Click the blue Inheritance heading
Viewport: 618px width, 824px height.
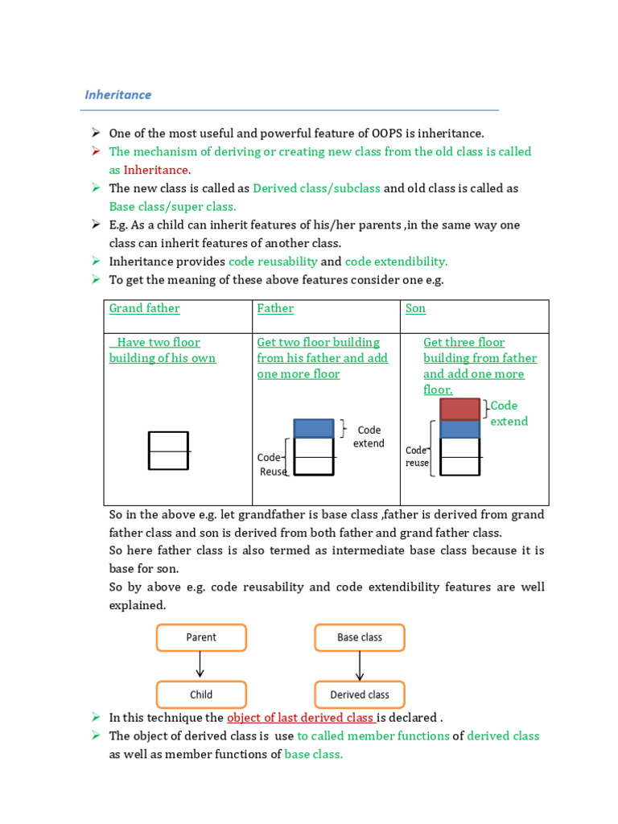(x=117, y=95)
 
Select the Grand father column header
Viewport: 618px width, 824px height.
(x=145, y=308)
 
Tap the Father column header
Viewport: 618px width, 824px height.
(x=275, y=308)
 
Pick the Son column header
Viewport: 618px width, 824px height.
(x=415, y=308)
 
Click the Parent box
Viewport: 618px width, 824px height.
(x=201, y=637)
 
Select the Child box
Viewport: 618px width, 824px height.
(x=201, y=694)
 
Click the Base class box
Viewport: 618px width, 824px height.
(x=360, y=637)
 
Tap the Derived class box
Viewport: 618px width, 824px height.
(x=360, y=694)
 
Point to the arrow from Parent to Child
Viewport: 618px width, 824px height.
(x=200, y=664)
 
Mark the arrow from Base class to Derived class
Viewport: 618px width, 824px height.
(x=360, y=665)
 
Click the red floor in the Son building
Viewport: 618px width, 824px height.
(x=459, y=410)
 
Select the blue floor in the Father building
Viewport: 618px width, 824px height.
(x=314, y=428)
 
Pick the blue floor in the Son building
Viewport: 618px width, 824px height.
(x=459, y=429)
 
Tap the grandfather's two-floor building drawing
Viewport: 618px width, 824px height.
(x=168, y=451)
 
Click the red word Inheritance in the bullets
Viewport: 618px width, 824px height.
(x=157, y=170)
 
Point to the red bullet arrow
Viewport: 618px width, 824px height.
(x=96, y=151)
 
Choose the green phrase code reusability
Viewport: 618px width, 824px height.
(x=274, y=262)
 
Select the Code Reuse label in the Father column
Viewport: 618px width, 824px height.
(x=272, y=464)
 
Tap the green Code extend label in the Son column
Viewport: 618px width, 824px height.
(x=509, y=413)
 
